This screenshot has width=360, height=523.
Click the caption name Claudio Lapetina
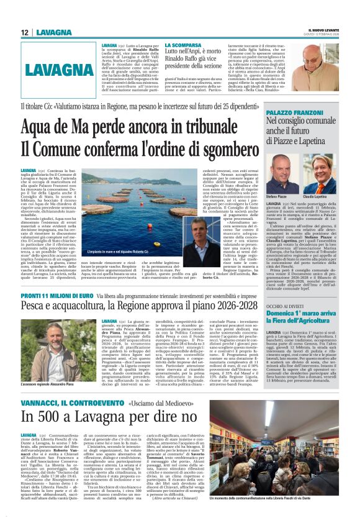[x=323, y=196]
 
